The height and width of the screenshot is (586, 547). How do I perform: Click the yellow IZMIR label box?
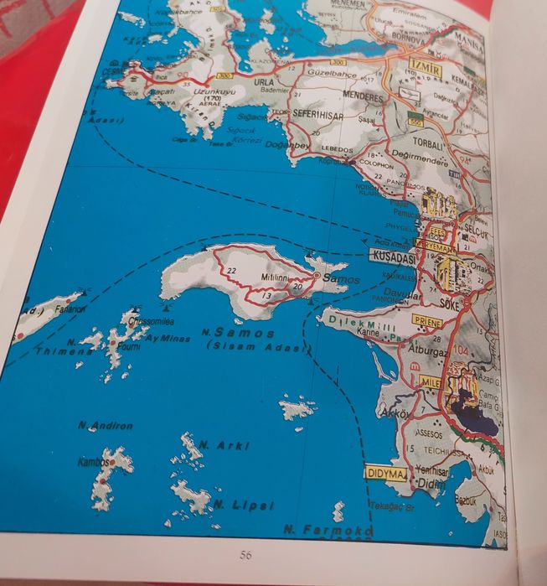coord(424,70)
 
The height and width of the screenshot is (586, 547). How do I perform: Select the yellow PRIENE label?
coord(427,319)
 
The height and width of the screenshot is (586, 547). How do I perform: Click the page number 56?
coord(245,554)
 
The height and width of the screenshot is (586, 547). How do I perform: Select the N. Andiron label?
coord(106,426)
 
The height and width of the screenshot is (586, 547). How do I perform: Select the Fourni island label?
coord(129,343)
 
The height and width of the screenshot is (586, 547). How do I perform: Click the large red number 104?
coord(461,349)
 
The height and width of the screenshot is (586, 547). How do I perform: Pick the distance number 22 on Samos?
coord(232,269)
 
